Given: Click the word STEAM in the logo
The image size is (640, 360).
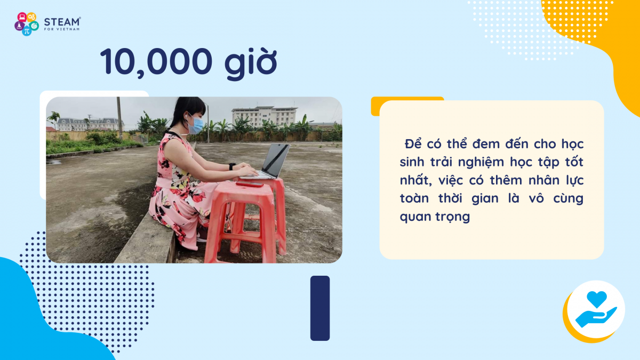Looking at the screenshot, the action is [62, 22].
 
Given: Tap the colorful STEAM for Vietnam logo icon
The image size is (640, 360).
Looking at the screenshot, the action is [27, 23].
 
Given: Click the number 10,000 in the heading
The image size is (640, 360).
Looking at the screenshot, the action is [156, 62].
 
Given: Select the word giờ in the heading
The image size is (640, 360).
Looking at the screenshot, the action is [251, 63].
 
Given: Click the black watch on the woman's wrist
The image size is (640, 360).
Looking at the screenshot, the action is [231, 166].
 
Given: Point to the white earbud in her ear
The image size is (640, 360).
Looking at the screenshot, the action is [187, 116].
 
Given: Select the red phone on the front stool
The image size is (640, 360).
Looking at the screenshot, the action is [250, 184].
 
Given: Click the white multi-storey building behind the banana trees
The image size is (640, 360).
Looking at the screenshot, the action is [265, 116].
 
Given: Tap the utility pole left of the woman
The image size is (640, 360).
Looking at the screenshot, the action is [119, 118].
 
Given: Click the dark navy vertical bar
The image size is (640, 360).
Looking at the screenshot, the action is [320, 308].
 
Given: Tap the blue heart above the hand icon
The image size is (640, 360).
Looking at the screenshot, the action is [597, 299].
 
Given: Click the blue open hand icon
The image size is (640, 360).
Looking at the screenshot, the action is [595, 317].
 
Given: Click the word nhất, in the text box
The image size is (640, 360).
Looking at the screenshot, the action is [415, 180].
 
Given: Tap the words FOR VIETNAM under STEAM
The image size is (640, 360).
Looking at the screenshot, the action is [62, 29].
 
